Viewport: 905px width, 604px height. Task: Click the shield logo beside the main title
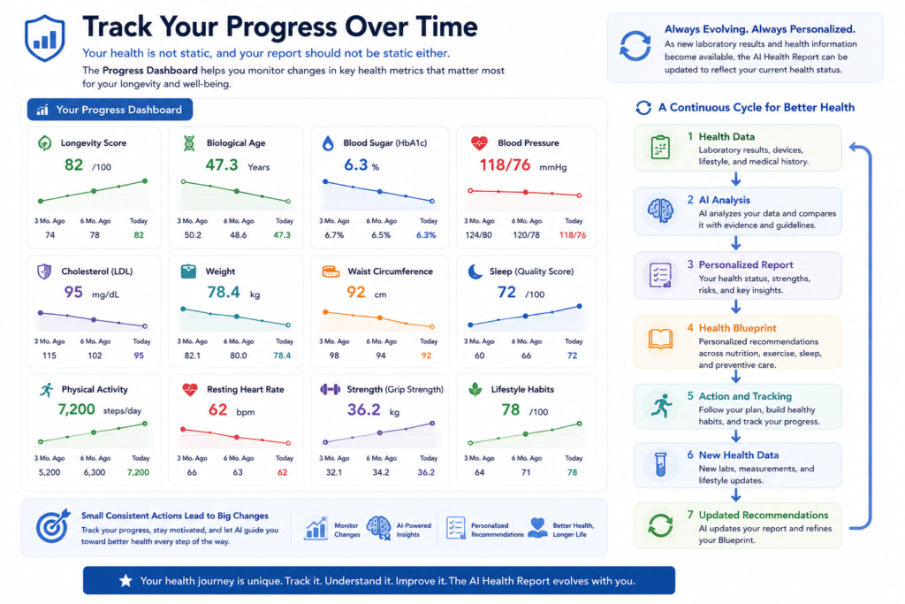[44, 38]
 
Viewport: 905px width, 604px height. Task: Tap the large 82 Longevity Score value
[73, 165]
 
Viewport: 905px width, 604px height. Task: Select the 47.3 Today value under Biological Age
[282, 235]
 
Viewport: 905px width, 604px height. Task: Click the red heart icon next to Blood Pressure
[479, 142]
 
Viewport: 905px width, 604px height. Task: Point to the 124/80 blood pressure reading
[478, 235]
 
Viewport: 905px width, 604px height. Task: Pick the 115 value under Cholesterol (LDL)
[49, 356]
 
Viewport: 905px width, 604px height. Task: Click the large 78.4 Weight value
[224, 292]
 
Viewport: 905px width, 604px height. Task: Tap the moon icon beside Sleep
[475, 271]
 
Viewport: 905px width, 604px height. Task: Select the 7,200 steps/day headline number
[76, 409]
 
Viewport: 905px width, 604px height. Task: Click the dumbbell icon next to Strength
[331, 389]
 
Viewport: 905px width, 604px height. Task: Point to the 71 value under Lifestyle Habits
[526, 472]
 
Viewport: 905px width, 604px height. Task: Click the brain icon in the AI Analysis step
[660, 210]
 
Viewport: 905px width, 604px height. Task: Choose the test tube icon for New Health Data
[660, 464]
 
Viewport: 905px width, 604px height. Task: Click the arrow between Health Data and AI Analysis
[736, 179]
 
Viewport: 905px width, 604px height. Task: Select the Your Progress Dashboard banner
[110, 110]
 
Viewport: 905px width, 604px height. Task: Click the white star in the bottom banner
[125, 580]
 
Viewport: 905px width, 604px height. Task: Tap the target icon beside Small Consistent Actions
[52, 525]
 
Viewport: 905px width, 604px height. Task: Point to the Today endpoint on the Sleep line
[579, 307]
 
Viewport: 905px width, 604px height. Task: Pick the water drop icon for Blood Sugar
[328, 143]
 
